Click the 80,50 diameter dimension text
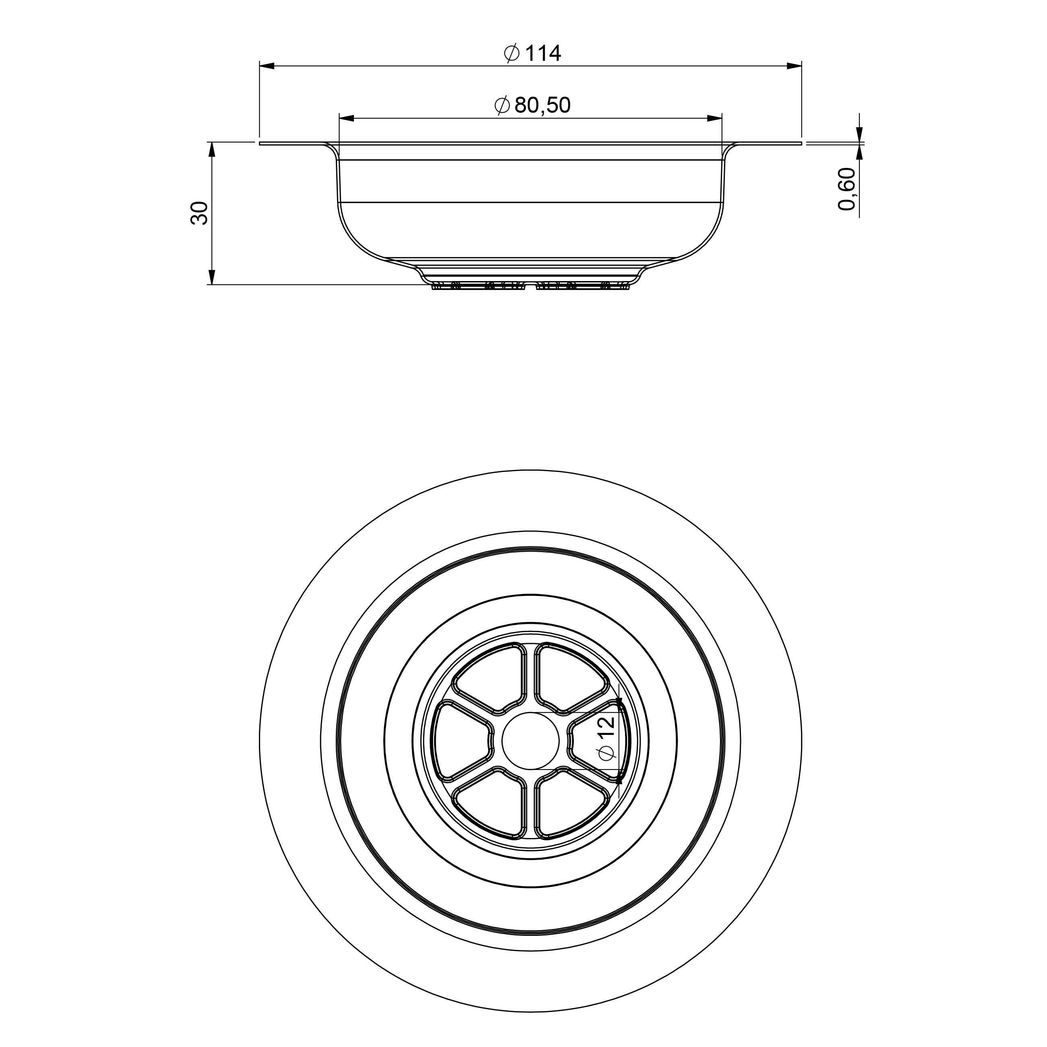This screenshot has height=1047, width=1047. click(x=542, y=105)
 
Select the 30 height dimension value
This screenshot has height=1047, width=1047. click(x=199, y=213)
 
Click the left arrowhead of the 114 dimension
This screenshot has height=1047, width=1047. click(x=267, y=66)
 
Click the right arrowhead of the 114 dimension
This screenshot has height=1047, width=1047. click(x=794, y=66)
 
